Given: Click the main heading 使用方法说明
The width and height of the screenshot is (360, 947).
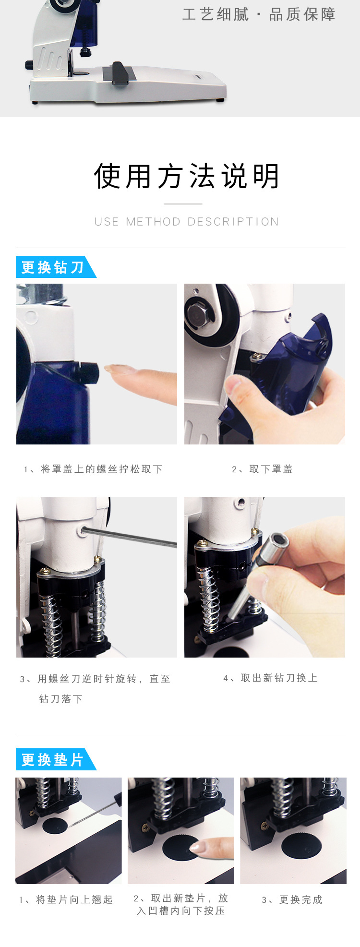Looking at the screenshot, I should tap(187, 176).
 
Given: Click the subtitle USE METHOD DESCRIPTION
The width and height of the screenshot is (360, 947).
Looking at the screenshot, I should tap(187, 222).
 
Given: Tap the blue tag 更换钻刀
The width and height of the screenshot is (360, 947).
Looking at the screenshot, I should tap(53, 267).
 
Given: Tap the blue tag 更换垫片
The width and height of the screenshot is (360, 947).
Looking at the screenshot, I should tap(53, 760).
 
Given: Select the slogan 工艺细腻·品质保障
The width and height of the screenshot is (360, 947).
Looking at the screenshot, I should tap(259, 14).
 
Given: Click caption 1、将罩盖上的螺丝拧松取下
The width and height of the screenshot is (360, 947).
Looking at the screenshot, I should tap(94, 469).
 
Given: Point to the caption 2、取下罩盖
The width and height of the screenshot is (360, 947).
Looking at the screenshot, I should tap(263, 469).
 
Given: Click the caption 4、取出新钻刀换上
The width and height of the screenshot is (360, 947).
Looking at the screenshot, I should tap(271, 678).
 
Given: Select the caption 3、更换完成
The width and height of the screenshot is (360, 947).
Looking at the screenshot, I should tap(292, 899).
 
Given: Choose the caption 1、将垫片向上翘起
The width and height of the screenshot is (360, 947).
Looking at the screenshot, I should tap(66, 899).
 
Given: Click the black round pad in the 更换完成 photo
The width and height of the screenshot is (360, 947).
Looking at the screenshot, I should tap(301, 846).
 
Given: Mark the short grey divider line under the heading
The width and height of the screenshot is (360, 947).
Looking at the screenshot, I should tap(183, 204).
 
